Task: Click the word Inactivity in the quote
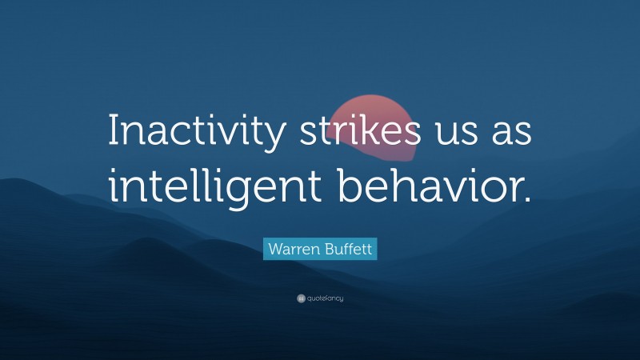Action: (x=196, y=131)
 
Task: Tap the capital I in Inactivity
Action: (x=114, y=130)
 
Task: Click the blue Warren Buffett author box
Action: (x=320, y=249)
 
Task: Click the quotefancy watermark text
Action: (x=324, y=298)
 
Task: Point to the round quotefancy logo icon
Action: (x=301, y=298)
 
